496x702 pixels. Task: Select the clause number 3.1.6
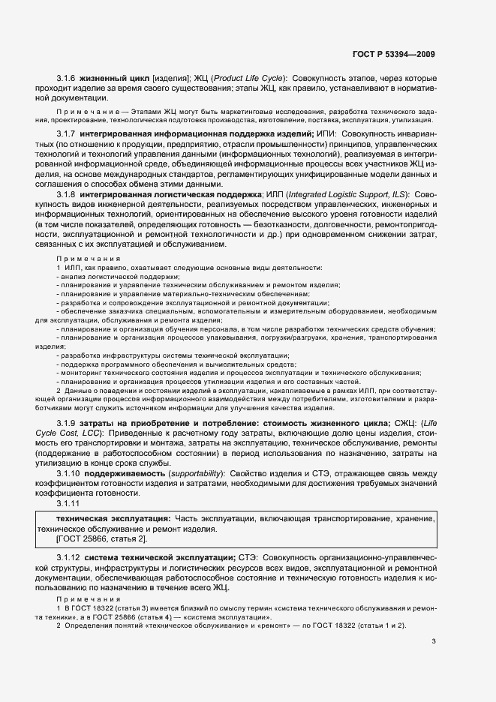(68, 78)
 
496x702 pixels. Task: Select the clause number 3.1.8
(68, 194)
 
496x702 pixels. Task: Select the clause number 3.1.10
(70, 473)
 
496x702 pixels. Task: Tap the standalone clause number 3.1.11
(70, 503)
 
